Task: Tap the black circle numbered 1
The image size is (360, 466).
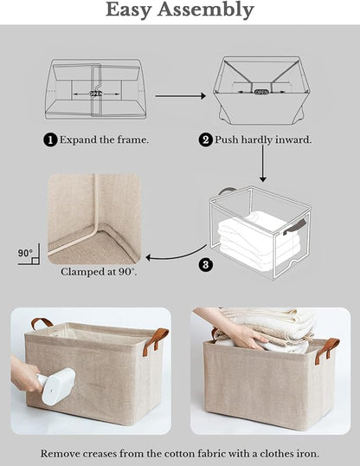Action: pyautogui.click(x=50, y=139)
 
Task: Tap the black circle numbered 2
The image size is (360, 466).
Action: pyautogui.click(x=206, y=139)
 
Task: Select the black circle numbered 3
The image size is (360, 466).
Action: pyautogui.click(x=206, y=265)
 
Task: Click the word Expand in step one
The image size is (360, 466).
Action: pyautogui.click(x=79, y=139)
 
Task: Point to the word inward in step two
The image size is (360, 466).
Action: pyautogui.click(x=291, y=139)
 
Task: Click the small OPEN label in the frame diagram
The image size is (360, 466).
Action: pyautogui.click(x=262, y=90)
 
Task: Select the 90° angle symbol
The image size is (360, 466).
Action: pyautogui.click(x=25, y=256)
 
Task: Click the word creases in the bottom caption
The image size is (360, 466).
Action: pyautogui.click(x=113, y=452)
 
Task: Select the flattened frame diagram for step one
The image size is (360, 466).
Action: pyautogui.click(x=93, y=89)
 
